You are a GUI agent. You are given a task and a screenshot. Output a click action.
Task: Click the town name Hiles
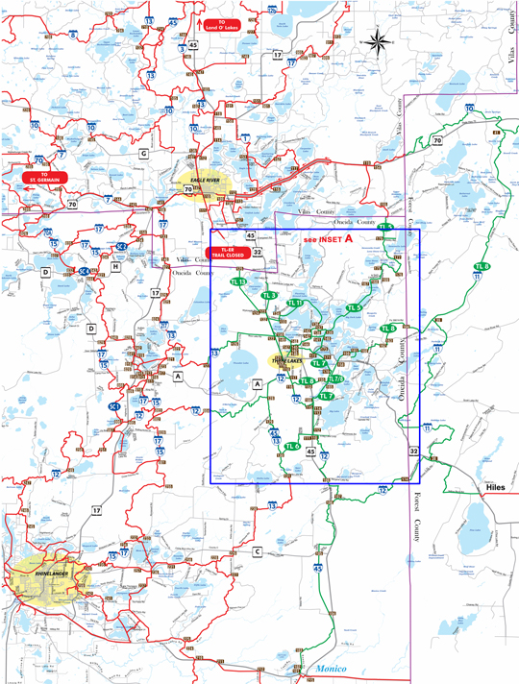click(493, 488)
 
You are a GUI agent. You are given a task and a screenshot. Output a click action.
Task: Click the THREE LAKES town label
click(287, 361)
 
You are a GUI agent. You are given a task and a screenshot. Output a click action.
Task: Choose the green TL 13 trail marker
click(239, 281)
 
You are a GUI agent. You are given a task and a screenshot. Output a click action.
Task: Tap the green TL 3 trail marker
click(269, 295)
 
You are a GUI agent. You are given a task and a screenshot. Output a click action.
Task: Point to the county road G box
click(143, 153)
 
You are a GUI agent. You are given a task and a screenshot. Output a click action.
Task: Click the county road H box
click(115, 267)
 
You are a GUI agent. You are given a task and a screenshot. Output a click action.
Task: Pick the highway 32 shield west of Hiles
click(413, 451)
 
